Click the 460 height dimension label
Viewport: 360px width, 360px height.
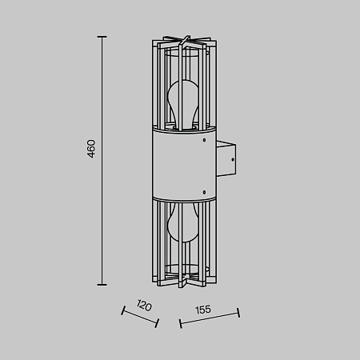(x=91, y=149)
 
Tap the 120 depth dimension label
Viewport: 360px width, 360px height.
(x=144, y=306)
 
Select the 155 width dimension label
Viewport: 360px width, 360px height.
(x=203, y=310)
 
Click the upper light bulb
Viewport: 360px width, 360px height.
(x=183, y=103)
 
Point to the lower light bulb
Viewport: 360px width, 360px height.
(x=183, y=222)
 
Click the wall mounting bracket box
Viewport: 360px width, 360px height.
(x=226, y=158)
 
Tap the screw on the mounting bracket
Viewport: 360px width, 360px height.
(x=233, y=159)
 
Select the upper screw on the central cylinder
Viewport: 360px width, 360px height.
(x=204, y=140)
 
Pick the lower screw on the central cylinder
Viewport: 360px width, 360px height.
(x=204, y=192)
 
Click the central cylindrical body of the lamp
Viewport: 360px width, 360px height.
(x=184, y=164)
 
